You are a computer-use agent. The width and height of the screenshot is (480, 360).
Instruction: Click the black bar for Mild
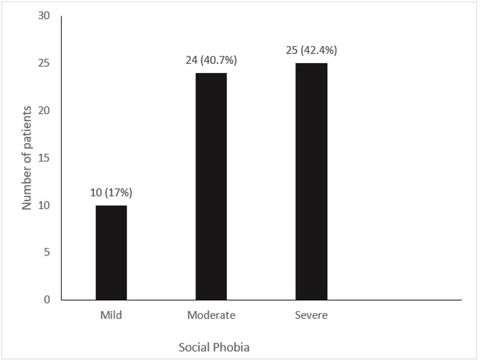(x=111, y=253)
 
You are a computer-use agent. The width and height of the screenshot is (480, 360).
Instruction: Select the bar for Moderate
(x=211, y=187)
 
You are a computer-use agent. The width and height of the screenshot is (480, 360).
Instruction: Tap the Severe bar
(x=311, y=181)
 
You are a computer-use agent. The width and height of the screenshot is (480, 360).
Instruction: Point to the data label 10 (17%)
(x=111, y=193)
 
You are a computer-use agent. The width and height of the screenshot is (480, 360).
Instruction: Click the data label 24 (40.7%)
(x=211, y=60)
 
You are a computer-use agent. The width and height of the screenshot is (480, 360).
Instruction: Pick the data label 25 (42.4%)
(x=311, y=50)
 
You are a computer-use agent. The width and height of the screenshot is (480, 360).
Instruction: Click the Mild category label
(x=111, y=315)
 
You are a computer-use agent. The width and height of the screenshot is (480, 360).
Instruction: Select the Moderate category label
(x=211, y=315)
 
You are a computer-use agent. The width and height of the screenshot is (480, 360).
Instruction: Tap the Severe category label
(x=311, y=315)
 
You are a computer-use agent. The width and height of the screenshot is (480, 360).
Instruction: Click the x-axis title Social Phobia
(x=214, y=347)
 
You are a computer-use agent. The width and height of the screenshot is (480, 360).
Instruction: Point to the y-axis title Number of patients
(x=27, y=158)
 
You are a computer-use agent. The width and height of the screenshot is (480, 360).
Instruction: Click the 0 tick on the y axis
(x=47, y=299)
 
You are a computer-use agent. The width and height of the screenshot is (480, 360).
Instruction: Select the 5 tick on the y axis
(x=47, y=252)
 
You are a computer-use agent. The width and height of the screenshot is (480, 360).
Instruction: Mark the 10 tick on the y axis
(x=44, y=205)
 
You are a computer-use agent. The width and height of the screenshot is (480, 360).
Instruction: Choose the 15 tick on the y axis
(x=44, y=158)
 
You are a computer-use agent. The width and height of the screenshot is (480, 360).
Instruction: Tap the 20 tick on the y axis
(x=44, y=111)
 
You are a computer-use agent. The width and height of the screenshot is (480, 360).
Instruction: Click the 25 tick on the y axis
(x=44, y=63)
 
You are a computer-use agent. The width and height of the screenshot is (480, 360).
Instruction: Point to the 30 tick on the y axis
(x=44, y=16)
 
